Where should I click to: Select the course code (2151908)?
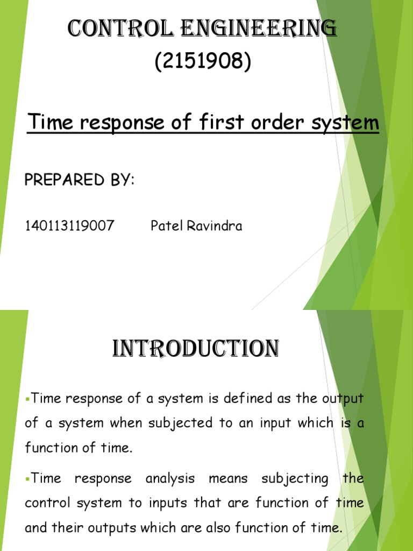pos(203,62)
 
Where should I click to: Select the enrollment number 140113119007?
pos(69,226)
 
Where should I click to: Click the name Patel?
pos(167,226)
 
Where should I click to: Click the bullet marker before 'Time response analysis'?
pos(28,478)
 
